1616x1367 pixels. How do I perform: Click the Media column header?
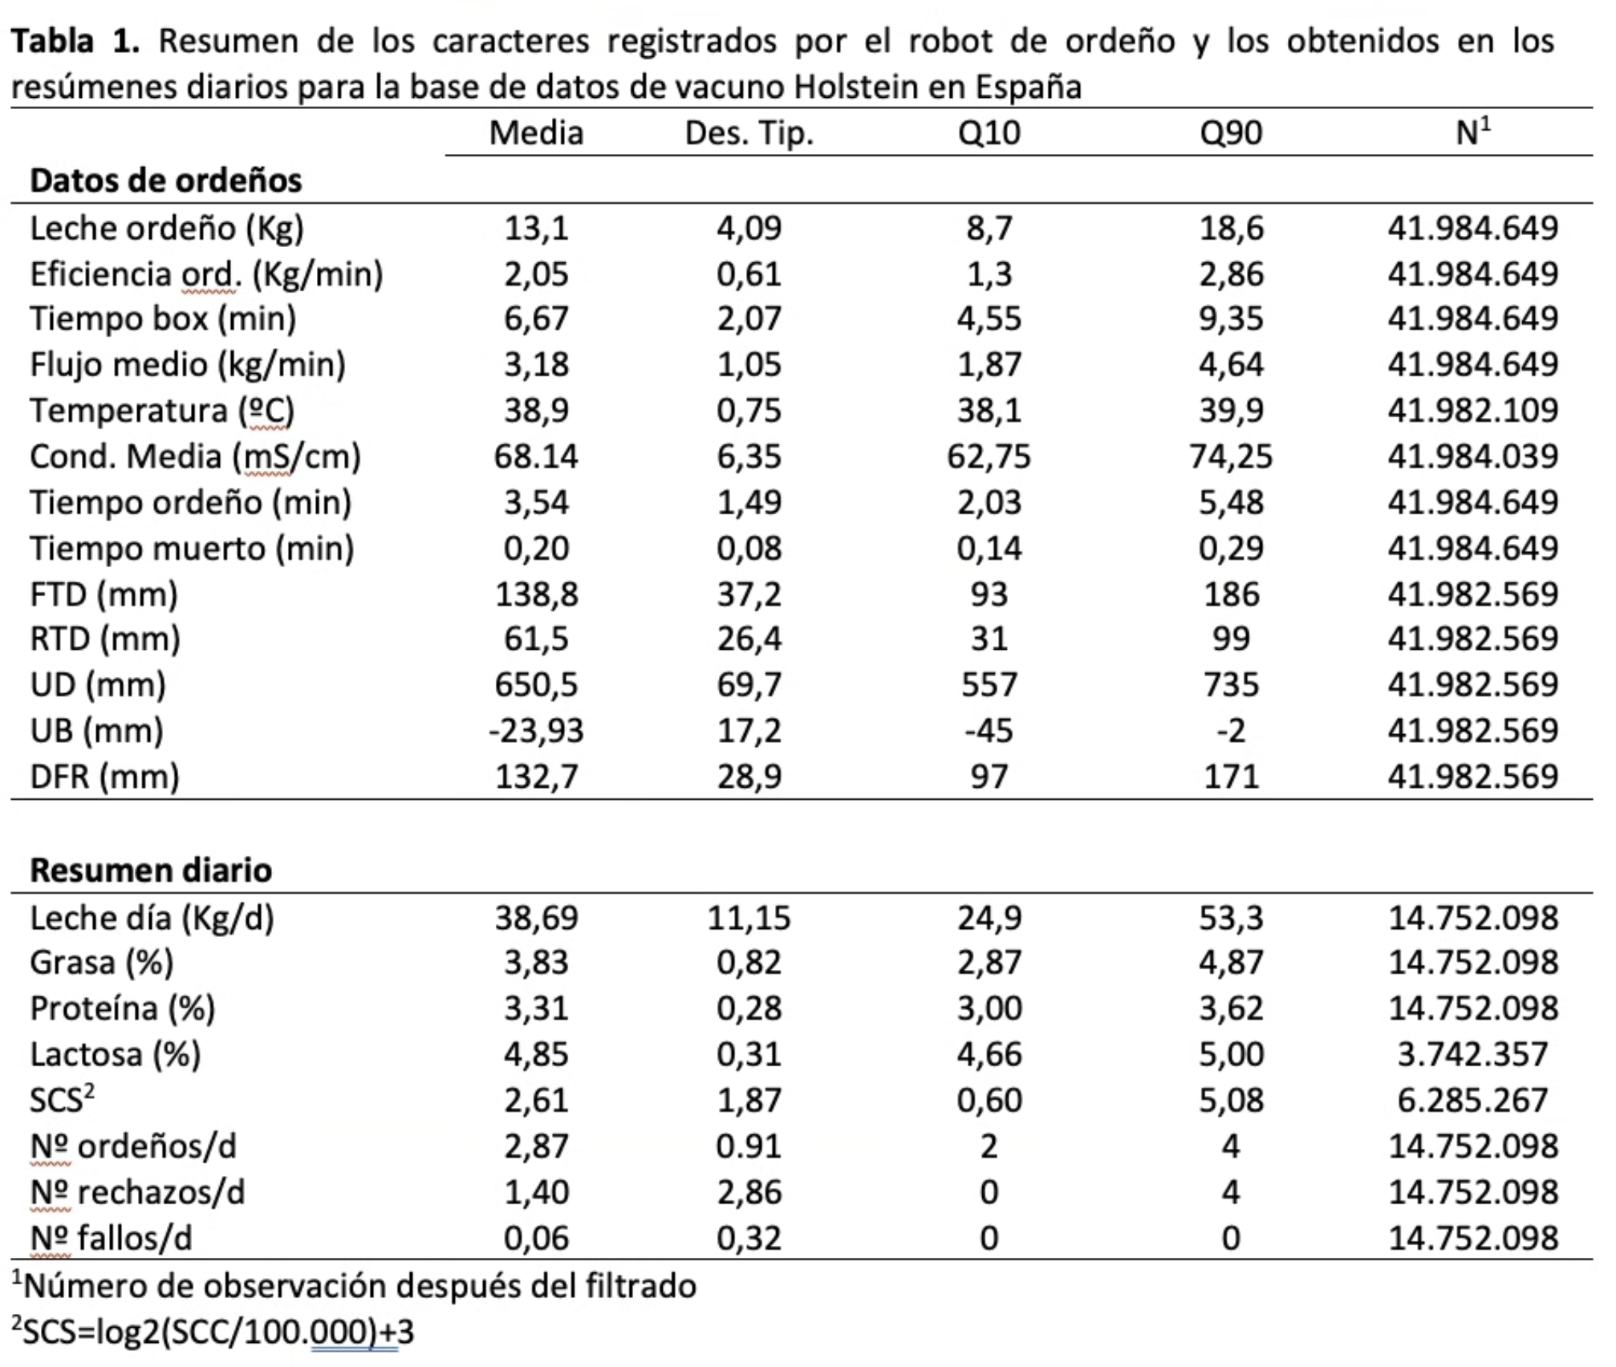(x=536, y=132)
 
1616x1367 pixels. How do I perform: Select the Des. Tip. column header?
(x=749, y=133)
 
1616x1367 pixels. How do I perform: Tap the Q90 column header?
(x=1231, y=133)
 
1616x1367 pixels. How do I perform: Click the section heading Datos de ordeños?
(x=166, y=181)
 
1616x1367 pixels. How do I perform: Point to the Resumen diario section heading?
(x=151, y=870)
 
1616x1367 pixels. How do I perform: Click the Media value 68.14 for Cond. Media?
(x=536, y=456)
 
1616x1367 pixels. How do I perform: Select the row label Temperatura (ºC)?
(x=162, y=411)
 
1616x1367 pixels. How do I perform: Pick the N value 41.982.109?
(x=1473, y=411)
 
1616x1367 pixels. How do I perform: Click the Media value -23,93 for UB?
(x=536, y=731)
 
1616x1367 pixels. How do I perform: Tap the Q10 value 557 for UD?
(x=989, y=685)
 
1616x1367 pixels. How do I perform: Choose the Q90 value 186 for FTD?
(x=1231, y=594)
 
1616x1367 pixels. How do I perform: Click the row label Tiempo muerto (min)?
(x=192, y=549)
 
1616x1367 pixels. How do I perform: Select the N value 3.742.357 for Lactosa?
(x=1473, y=1054)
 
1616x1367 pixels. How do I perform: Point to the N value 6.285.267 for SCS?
(x=1473, y=1100)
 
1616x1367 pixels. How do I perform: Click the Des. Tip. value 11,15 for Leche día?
(x=749, y=918)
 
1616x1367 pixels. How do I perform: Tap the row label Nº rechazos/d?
(x=137, y=1192)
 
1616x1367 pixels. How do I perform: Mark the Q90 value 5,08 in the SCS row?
(x=1231, y=1100)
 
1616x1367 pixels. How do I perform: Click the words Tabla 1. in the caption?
(x=75, y=40)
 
